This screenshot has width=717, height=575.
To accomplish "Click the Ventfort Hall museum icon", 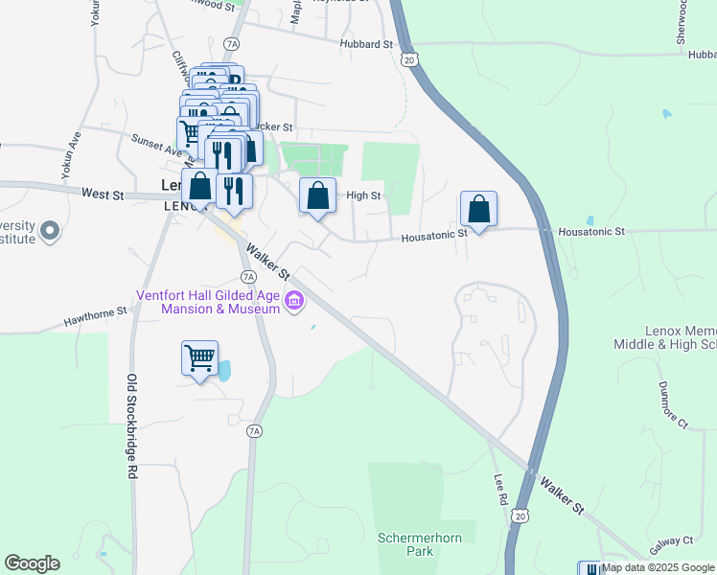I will [x=294, y=303].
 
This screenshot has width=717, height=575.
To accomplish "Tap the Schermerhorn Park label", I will [x=420, y=544].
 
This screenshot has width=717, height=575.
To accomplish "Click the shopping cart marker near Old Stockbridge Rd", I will [x=199, y=359].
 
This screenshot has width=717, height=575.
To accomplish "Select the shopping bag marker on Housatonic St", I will [x=478, y=209].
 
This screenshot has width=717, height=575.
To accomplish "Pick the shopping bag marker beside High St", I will [x=318, y=196].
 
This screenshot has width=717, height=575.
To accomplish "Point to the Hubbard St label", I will [x=366, y=44].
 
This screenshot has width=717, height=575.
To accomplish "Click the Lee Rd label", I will [x=499, y=489].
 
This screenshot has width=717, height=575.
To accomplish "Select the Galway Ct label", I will [x=676, y=542].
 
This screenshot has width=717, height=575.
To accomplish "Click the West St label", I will [x=103, y=195].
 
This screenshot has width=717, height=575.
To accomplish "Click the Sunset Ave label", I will [x=156, y=144].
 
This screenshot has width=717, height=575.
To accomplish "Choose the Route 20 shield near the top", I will [x=410, y=59].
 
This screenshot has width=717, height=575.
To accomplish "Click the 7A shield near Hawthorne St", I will [x=248, y=277].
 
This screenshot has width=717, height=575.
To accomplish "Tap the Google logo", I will [x=32, y=563].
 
